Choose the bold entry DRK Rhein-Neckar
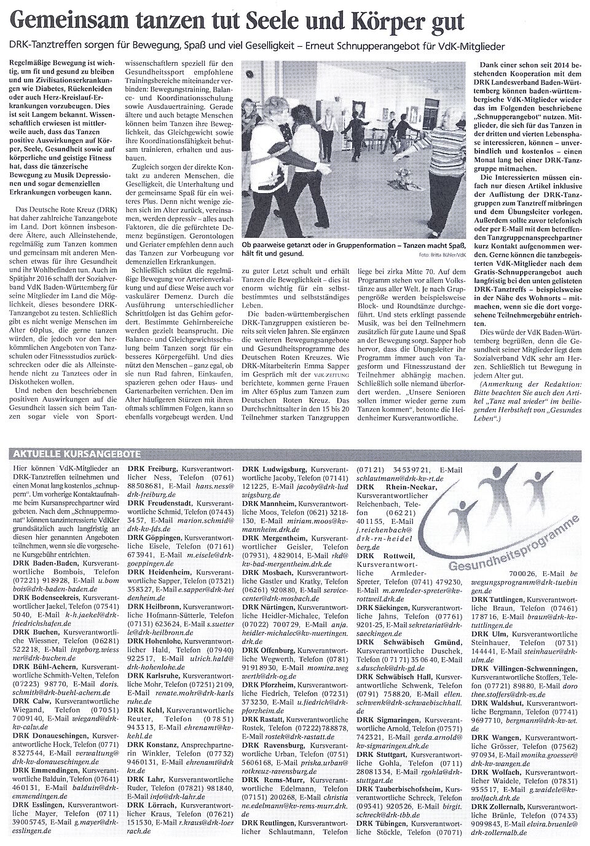(401, 487)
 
